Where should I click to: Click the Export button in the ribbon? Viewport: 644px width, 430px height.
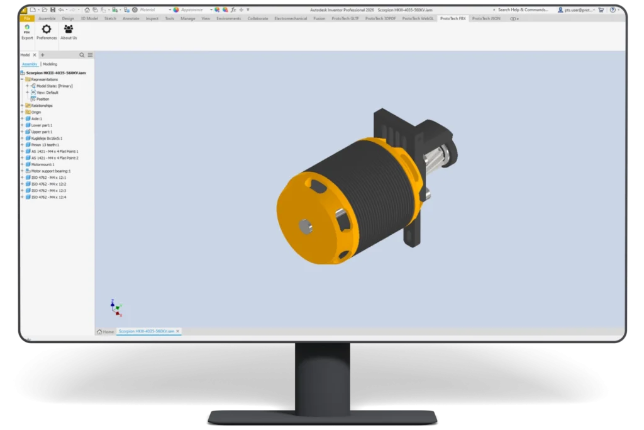click(27, 32)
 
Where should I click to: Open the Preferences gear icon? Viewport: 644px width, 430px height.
click(47, 32)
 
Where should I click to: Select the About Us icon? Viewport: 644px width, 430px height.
click(69, 32)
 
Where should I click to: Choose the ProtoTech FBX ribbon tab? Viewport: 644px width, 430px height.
click(453, 18)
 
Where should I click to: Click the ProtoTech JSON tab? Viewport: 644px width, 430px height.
click(486, 18)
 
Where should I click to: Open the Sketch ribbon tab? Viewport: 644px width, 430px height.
click(110, 18)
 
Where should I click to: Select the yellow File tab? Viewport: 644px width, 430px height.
click(27, 18)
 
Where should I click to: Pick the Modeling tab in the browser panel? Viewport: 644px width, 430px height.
click(50, 64)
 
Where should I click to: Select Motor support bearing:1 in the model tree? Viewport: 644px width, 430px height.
click(51, 171)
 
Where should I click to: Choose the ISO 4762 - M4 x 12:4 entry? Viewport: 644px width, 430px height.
click(48, 197)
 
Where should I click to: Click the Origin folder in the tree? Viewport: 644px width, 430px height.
click(36, 112)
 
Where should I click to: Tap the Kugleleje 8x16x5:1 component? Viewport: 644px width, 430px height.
click(47, 138)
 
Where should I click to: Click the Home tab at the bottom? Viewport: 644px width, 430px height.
click(106, 331)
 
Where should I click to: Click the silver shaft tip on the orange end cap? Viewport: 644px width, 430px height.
click(305, 226)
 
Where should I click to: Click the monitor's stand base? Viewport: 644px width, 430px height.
click(322, 416)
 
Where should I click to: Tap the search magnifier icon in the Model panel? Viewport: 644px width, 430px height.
click(82, 55)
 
